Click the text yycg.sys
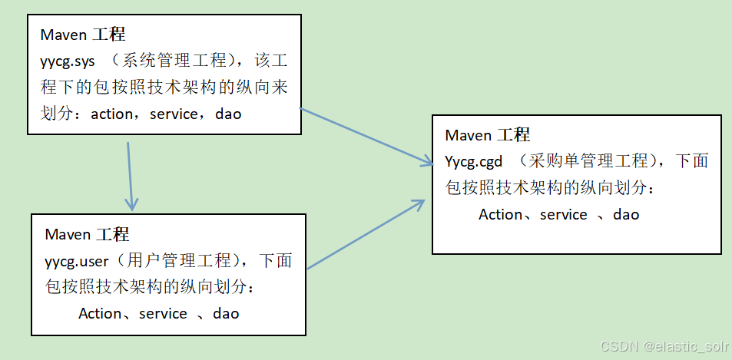68,61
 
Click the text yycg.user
77,261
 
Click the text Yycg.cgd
474,161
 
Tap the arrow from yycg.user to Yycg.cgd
365,234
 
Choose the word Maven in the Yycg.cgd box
468,135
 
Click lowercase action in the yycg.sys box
112,114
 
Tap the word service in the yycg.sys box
174,114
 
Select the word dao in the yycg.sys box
228,114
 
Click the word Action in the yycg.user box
100,314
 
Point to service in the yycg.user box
163,314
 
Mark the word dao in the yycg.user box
226,314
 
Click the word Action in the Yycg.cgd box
500,215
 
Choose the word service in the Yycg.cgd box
563,215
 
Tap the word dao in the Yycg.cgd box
626,215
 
